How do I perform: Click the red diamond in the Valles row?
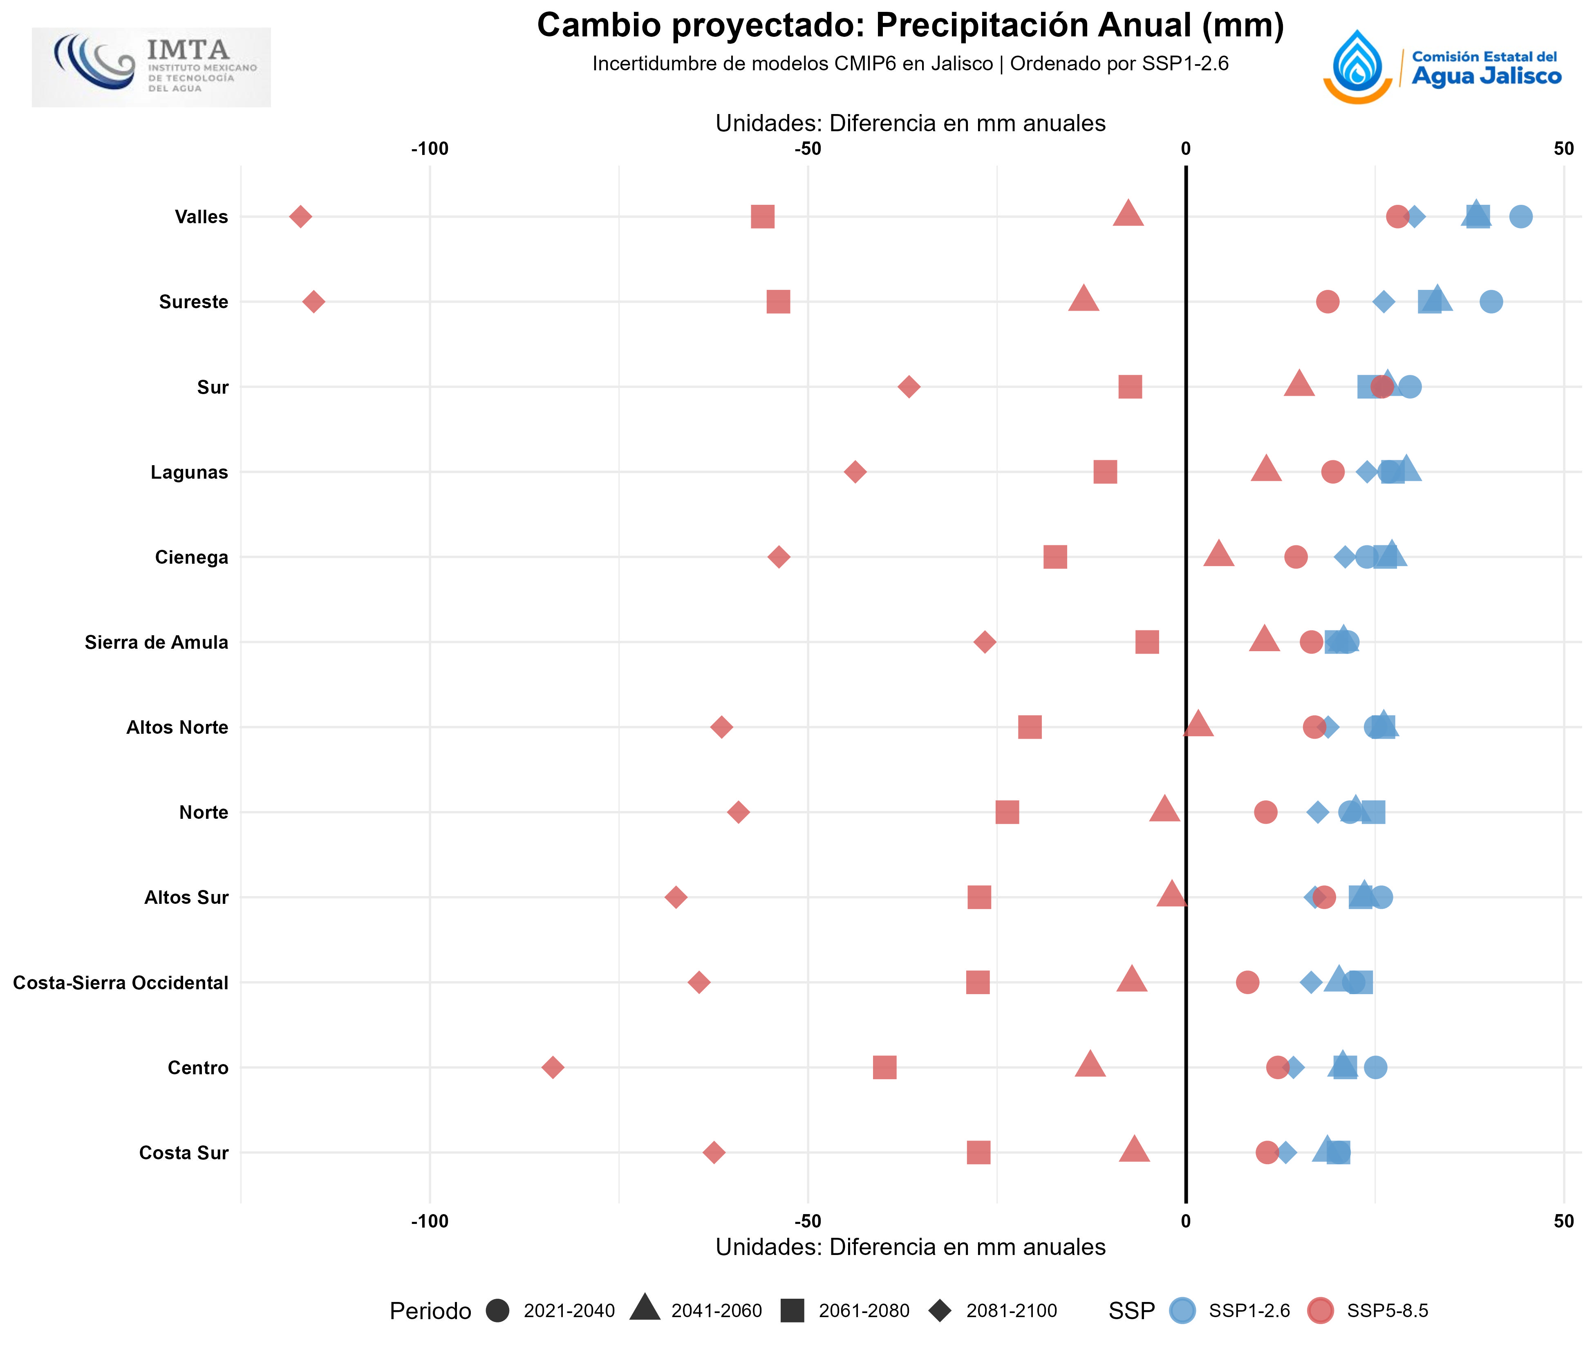300,216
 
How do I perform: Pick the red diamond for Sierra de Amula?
985,642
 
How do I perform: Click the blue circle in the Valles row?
1520,216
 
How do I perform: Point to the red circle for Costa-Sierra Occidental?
1247,982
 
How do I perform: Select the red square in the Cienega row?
1055,557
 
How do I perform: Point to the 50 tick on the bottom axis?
1563,1221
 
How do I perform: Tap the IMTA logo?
151,67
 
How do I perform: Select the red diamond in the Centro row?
553,1067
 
